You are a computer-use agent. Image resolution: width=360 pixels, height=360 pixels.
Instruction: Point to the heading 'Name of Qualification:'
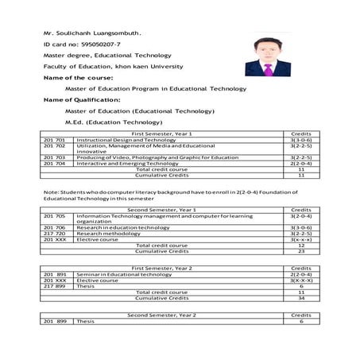(x=82, y=100)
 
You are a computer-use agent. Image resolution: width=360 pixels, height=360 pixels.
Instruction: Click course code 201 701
(x=54, y=141)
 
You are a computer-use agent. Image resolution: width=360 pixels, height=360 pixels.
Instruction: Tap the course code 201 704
(x=54, y=164)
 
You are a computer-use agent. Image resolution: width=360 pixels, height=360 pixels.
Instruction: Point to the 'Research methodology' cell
(x=109, y=234)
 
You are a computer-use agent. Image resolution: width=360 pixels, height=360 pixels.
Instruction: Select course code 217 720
(x=54, y=234)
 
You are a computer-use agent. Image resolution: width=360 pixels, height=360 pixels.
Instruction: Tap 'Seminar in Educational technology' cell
(x=124, y=274)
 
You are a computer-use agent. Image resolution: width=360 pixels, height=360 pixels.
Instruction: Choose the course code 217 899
(x=54, y=286)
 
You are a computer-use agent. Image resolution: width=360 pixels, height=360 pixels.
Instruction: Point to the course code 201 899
(x=54, y=322)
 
